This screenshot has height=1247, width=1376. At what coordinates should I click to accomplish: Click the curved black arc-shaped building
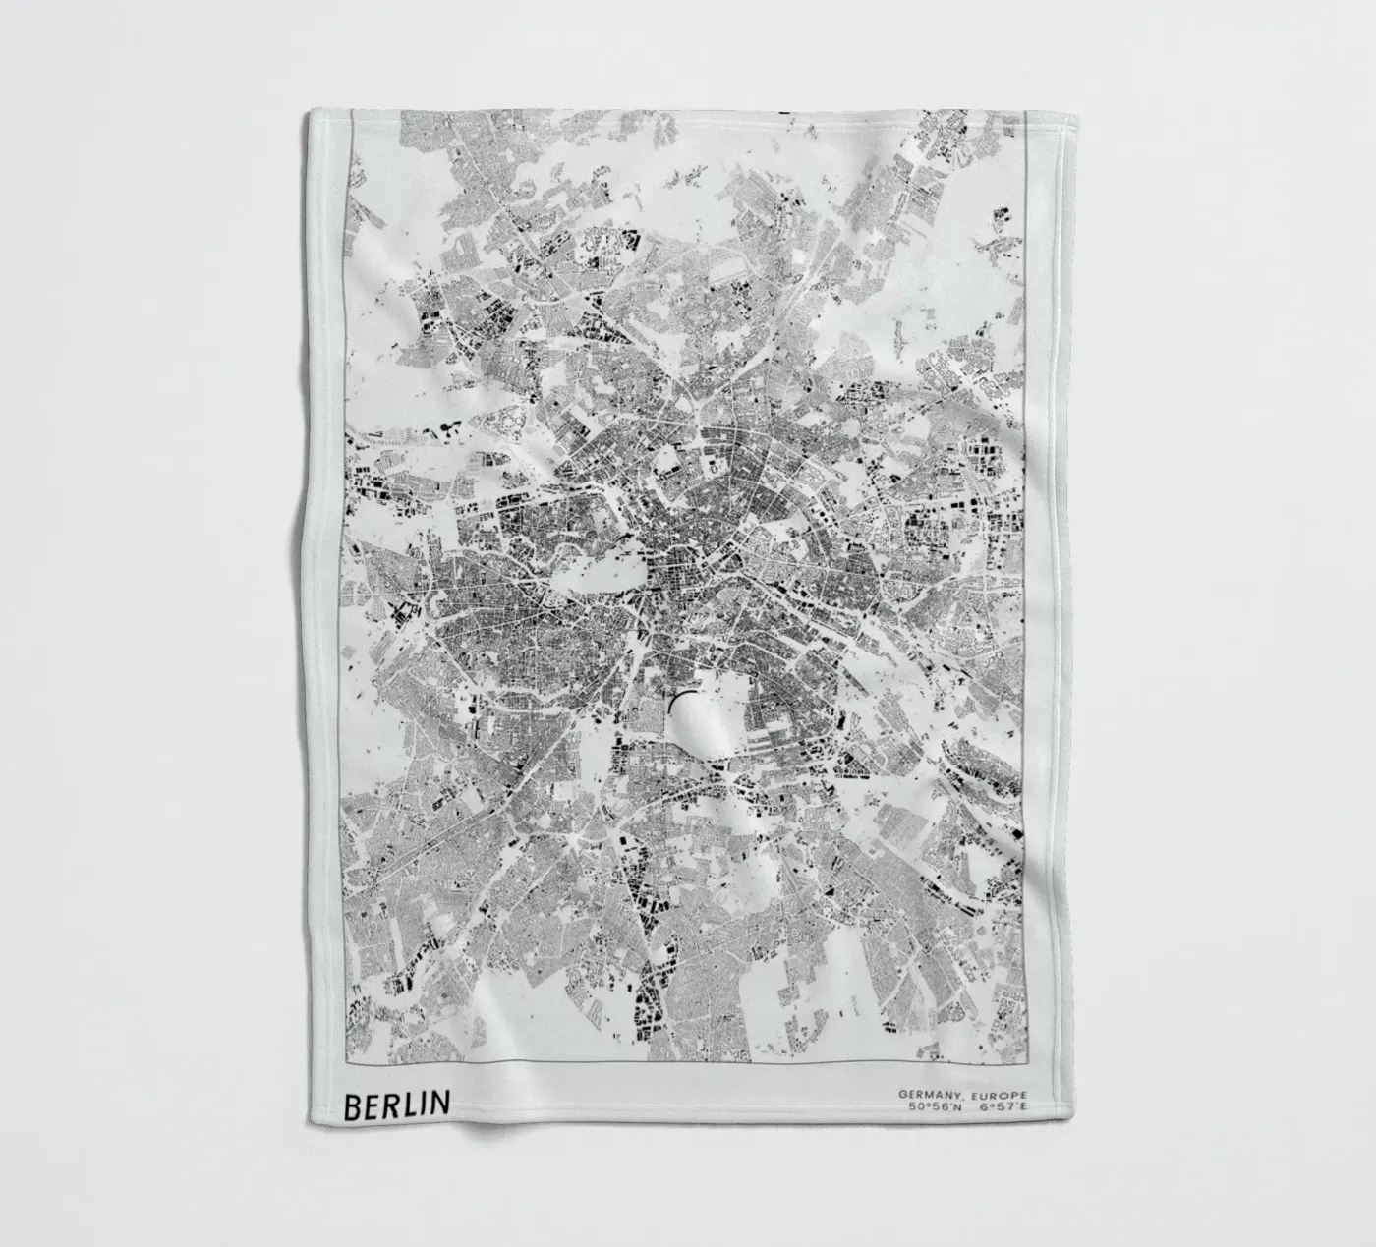(x=679, y=700)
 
